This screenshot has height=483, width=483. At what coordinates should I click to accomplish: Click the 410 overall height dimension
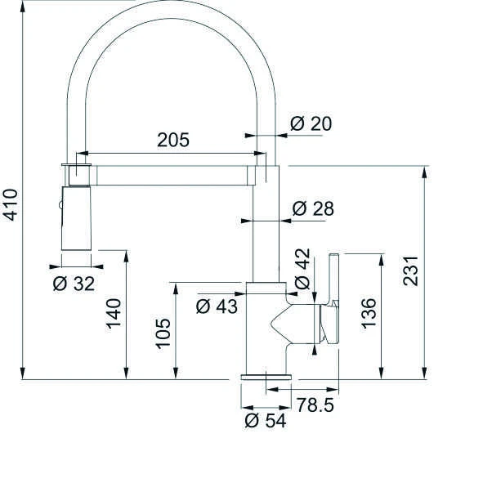tap(10, 205)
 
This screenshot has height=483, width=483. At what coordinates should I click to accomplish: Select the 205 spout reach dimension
tap(173, 140)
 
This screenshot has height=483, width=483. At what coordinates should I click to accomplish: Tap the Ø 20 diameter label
tap(311, 123)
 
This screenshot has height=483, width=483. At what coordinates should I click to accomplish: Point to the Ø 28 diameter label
tap(313, 208)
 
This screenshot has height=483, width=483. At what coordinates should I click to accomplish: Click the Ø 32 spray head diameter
tap(74, 284)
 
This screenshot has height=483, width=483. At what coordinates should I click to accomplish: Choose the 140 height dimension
tap(114, 314)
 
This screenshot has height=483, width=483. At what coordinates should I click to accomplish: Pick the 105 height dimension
tap(163, 333)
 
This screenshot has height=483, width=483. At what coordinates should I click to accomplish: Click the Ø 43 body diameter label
tap(217, 306)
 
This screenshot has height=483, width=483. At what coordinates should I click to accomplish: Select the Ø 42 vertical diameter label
tap(302, 269)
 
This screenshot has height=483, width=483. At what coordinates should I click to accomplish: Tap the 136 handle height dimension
tap(369, 313)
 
